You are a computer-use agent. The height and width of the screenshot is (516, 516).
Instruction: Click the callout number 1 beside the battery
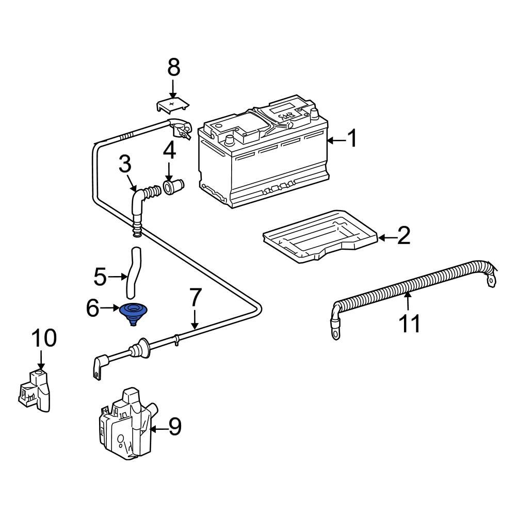[351, 139]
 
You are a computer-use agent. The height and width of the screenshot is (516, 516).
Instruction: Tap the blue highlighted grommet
[133, 313]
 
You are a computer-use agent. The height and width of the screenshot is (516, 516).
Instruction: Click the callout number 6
[93, 309]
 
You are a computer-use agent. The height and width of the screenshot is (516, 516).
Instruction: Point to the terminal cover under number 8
[172, 105]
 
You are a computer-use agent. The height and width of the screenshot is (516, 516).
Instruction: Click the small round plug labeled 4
[171, 186]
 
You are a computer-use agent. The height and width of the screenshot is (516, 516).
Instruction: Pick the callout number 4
[170, 151]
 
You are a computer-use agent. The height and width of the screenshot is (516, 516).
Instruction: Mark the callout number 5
[100, 277]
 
